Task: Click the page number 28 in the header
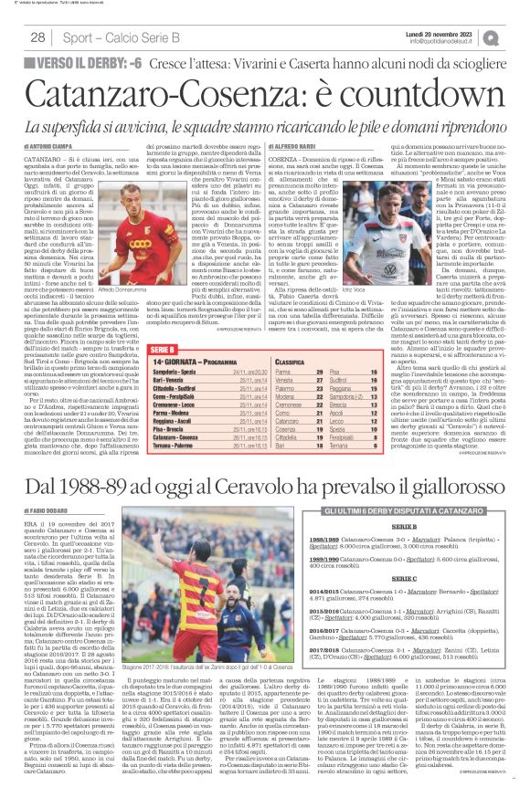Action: (x=37, y=37)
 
